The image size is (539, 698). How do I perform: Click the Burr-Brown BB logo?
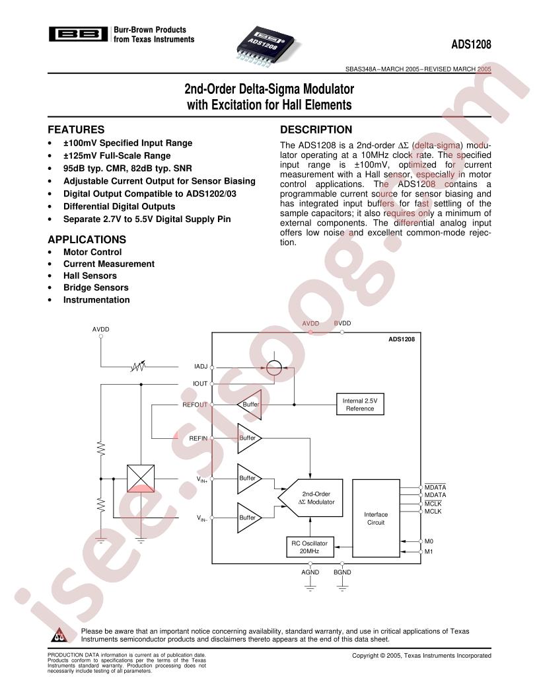click(x=78, y=34)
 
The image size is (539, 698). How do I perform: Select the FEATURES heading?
click(x=76, y=130)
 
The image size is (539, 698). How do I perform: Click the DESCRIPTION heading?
click(x=316, y=130)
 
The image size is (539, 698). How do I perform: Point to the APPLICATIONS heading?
click(x=87, y=239)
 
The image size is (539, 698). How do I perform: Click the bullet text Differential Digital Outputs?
click(x=119, y=206)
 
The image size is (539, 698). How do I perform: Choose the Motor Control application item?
click(x=92, y=252)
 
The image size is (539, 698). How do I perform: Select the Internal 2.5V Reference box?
click(x=360, y=405)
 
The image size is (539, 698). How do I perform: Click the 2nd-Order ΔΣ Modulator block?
click(x=310, y=498)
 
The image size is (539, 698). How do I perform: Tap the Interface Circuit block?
click(x=376, y=518)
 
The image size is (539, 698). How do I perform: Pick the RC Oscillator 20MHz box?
click(x=310, y=547)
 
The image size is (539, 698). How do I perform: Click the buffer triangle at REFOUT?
click(x=250, y=405)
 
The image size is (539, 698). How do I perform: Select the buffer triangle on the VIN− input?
click(x=249, y=518)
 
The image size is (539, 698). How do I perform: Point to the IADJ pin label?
click(x=201, y=366)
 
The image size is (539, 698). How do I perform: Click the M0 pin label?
click(x=429, y=541)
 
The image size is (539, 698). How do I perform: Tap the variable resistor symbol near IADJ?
click(x=138, y=367)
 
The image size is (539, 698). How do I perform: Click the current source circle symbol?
click(x=274, y=368)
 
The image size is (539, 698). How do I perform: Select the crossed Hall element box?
click(x=141, y=479)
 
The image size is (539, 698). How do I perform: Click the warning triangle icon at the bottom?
click(x=59, y=635)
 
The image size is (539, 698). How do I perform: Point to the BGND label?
click(x=342, y=572)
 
